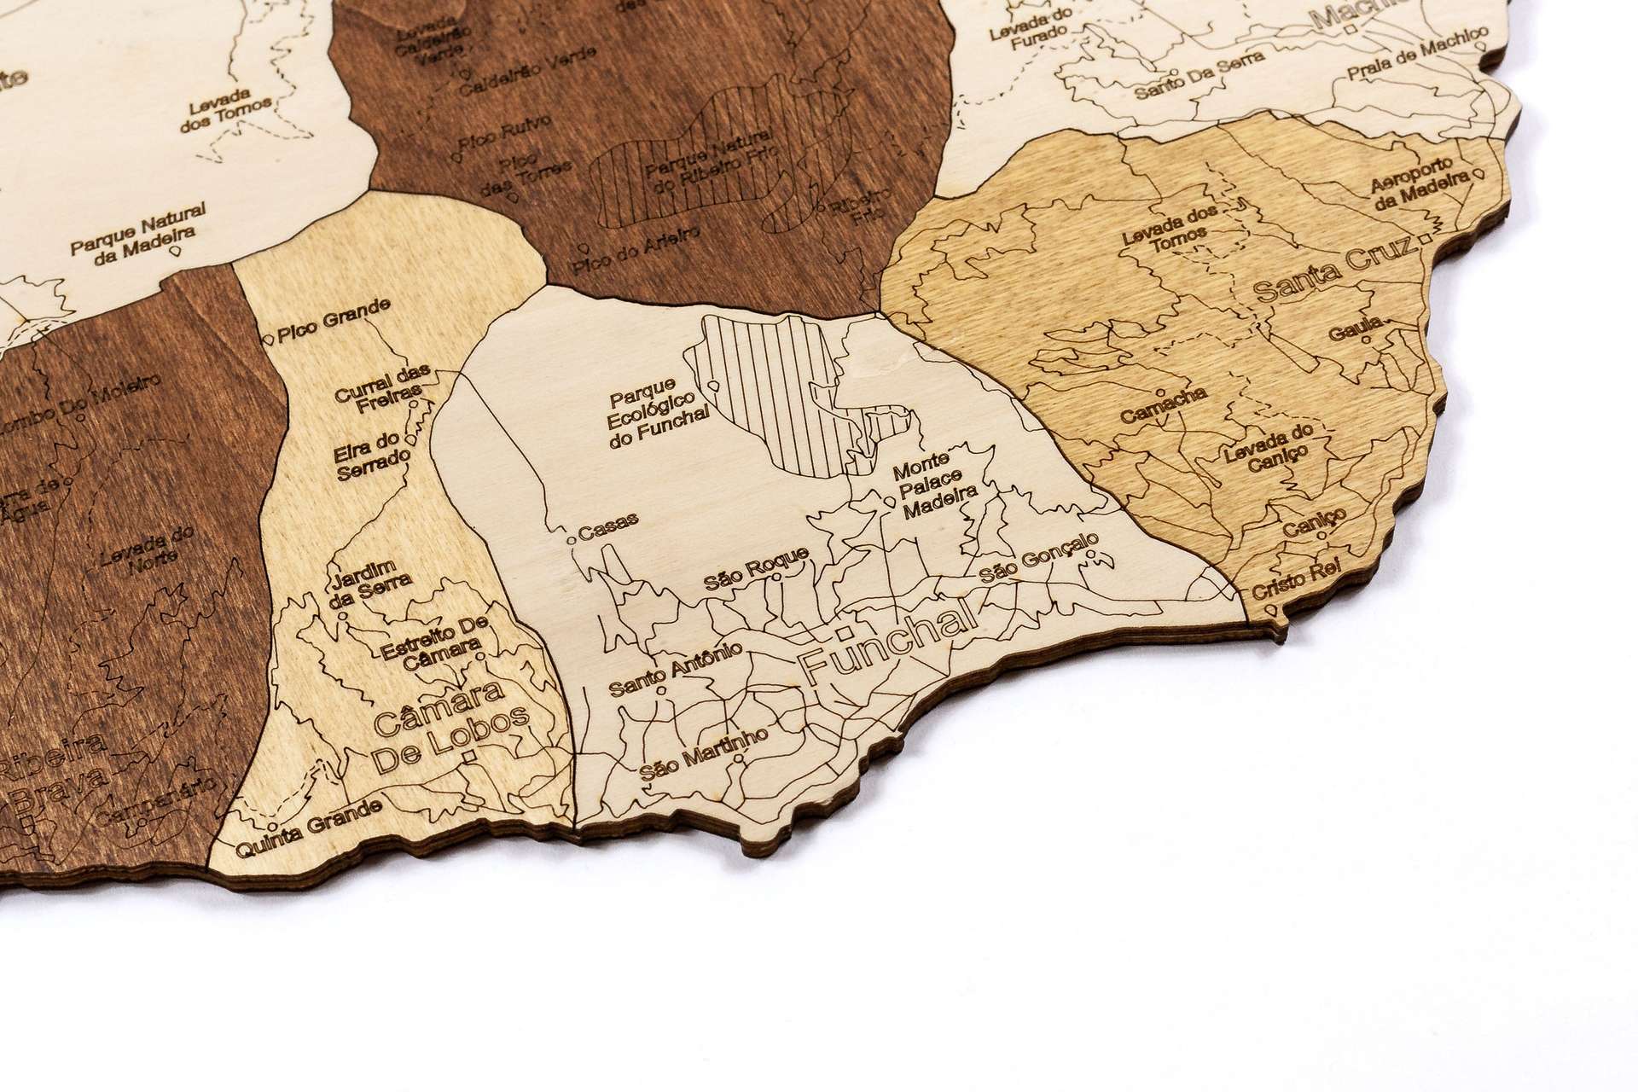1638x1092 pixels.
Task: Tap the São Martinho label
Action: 705,754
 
